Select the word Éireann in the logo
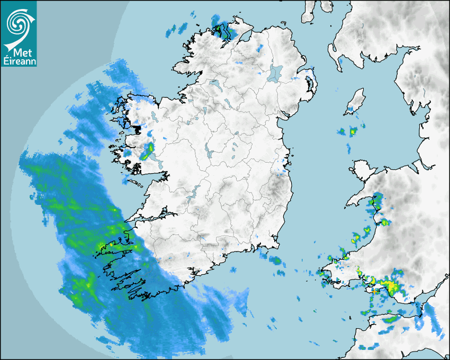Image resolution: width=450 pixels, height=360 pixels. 19,61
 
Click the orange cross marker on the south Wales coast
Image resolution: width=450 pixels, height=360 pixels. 374,291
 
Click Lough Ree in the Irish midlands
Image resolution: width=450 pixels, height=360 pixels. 210,154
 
